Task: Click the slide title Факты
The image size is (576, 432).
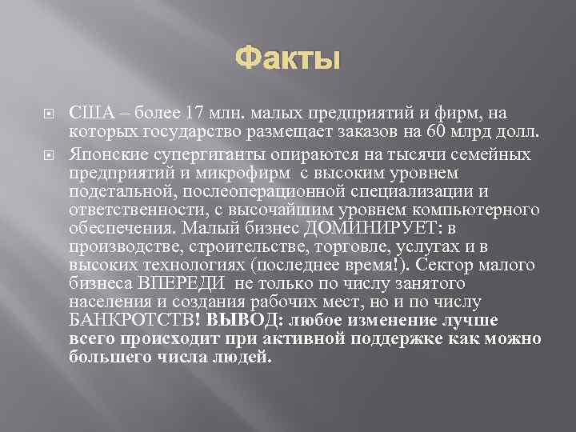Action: [x=288, y=58]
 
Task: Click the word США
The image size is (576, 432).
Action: [x=89, y=113]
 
